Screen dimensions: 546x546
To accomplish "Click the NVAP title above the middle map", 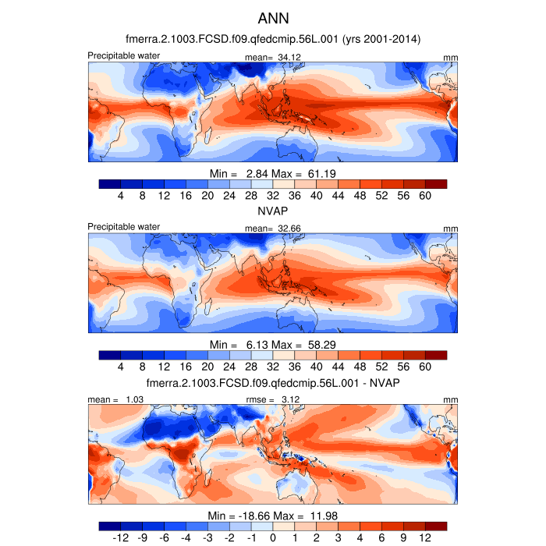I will pyautogui.click(x=273, y=211).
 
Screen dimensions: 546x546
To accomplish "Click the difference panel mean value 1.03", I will pyautogui.click(x=132, y=399).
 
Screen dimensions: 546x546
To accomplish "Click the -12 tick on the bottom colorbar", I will pyautogui.click(x=121, y=538).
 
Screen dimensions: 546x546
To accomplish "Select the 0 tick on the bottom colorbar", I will pyautogui.click(x=273, y=538).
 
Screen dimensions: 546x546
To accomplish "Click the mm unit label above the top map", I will pyautogui.click(x=451, y=58).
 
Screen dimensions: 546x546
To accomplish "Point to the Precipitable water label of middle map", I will pyautogui.click(x=123, y=227).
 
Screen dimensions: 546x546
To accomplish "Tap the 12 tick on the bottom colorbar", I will pyautogui.click(x=425, y=538).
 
